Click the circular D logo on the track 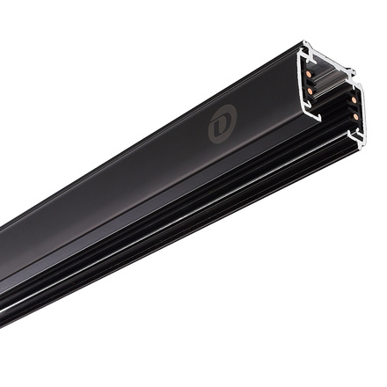click(x=220, y=127)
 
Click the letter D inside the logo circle click(x=220, y=127)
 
